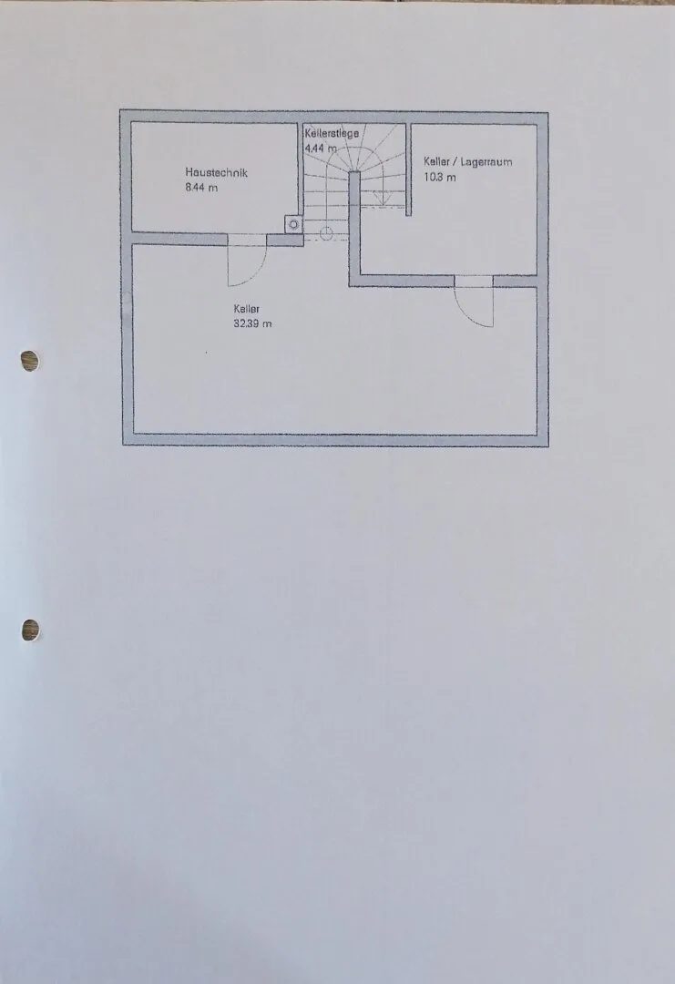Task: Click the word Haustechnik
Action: point(217,172)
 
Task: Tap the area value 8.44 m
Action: point(201,188)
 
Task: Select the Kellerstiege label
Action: point(332,133)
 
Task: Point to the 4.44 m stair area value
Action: point(321,149)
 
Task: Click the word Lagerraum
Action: point(486,162)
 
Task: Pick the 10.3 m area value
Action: point(440,177)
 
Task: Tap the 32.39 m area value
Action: point(253,323)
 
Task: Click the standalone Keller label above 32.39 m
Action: point(247,309)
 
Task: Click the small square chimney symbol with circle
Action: point(293,224)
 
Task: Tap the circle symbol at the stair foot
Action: point(326,234)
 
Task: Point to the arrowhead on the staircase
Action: point(380,199)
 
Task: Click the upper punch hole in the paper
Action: point(29,361)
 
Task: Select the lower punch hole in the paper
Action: point(30,630)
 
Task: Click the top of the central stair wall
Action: point(354,172)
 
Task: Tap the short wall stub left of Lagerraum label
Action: point(408,169)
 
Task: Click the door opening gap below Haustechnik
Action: point(247,239)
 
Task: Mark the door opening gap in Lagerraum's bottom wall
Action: point(474,282)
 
